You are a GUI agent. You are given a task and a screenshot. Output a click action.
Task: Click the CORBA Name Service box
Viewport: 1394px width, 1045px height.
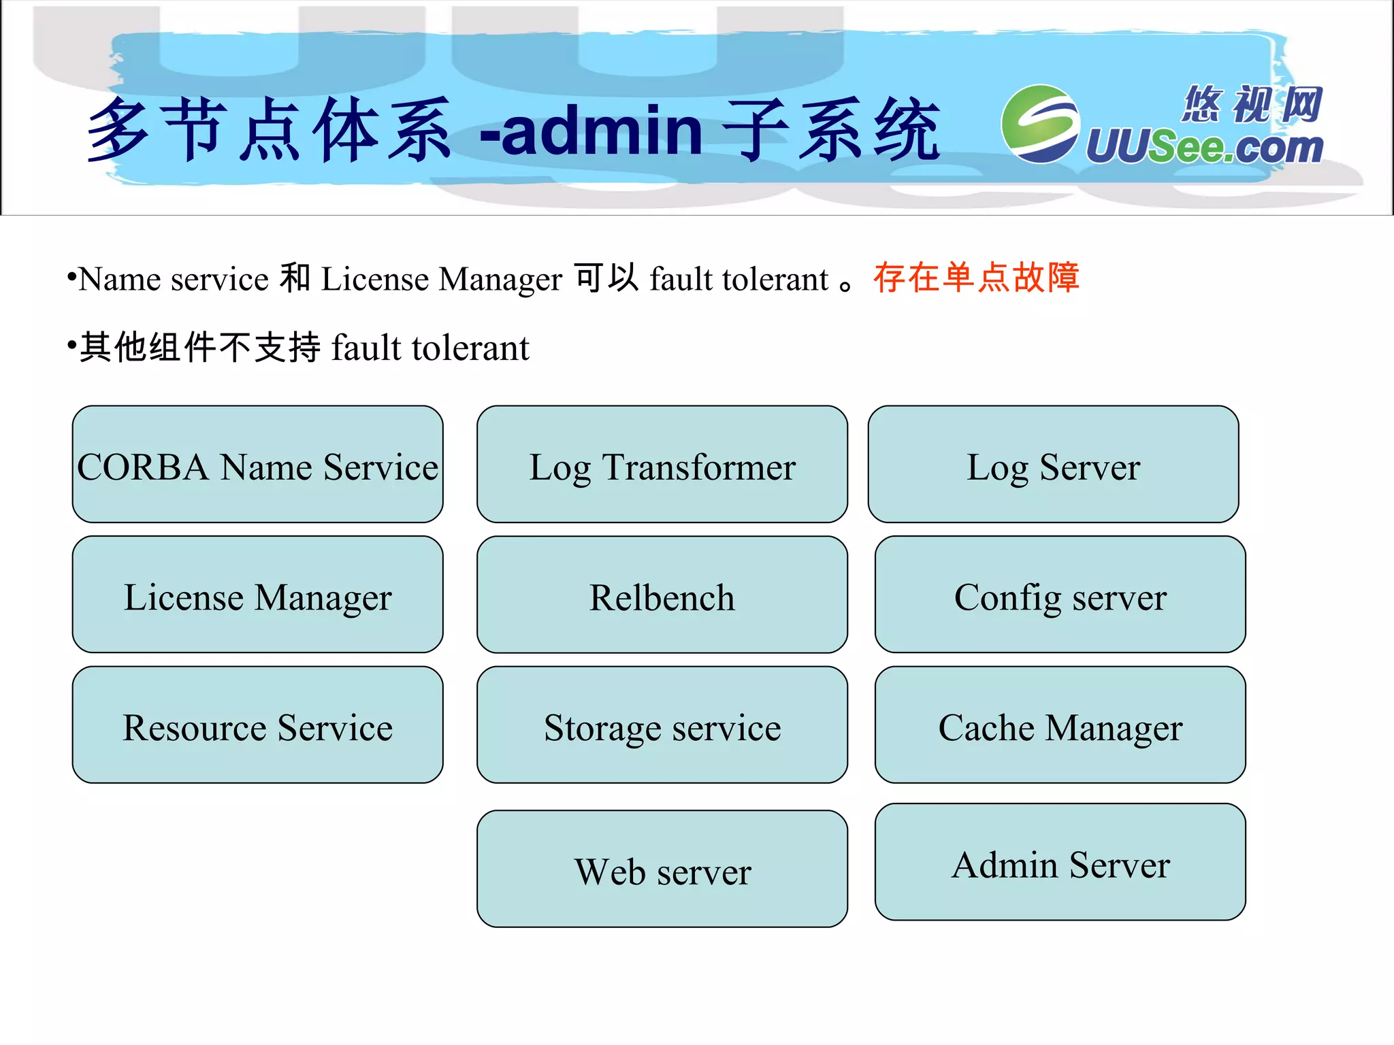[257, 465]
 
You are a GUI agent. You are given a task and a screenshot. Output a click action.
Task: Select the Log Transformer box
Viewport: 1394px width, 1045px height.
[662, 465]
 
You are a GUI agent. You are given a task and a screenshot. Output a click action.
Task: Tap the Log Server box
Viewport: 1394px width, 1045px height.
[1053, 465]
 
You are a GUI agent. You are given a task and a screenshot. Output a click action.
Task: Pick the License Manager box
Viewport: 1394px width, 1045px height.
[257, 595]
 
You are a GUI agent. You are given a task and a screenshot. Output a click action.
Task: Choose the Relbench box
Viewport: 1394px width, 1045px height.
[662, 595]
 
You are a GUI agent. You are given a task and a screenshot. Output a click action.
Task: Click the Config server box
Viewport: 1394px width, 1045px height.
[1060, 595]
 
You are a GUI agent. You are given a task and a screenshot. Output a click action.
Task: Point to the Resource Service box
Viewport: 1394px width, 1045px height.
[257, 725]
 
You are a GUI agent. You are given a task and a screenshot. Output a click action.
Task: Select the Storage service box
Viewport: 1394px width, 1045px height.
[662, 725]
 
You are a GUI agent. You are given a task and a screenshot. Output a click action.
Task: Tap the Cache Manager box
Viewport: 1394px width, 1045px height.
[1060, 725]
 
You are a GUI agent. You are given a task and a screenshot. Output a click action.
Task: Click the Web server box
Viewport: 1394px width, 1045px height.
[662, 869]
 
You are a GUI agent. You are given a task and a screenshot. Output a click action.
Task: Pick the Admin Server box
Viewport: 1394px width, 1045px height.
[1060, 863]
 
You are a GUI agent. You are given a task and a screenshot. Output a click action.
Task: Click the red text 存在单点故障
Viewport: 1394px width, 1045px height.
[976, 278]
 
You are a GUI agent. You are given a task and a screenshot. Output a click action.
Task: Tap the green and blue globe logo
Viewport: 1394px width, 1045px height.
[1039, 124]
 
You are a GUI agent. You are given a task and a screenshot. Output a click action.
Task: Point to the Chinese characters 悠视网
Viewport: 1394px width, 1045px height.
[1252, 105]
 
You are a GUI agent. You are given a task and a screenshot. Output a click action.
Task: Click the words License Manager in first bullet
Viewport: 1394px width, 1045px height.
[441, 279]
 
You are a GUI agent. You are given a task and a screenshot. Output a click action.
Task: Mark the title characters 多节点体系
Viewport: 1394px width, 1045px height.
[269, 129]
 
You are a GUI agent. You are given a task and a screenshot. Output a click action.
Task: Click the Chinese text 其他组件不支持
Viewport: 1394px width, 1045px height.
[200, 348]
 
